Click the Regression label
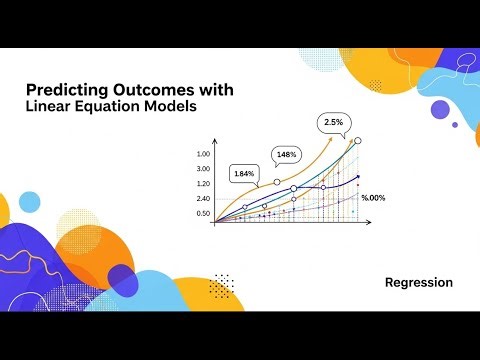point(418,283)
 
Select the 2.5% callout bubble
point(333,122)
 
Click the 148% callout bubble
point(286,155)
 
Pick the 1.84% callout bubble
point(244,173)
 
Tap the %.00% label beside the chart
point(372,199)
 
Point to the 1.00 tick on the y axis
point(204,154)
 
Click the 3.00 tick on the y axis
point(204,169)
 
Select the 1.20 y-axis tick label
point(204,184)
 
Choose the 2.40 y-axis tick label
point(204,199)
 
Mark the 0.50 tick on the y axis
point(204,214)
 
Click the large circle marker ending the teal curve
point(358,141)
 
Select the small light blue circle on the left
point(29,202)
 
